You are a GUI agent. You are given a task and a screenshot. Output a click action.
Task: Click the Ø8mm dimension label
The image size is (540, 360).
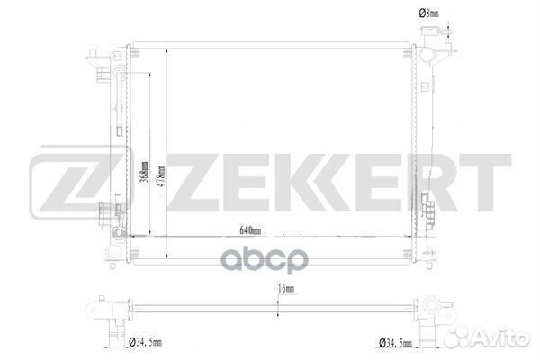click(428, 13)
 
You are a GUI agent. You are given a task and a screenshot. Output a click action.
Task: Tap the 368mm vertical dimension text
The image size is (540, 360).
click(145, 172)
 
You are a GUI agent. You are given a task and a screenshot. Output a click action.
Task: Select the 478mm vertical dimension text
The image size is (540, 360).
click(161, 176)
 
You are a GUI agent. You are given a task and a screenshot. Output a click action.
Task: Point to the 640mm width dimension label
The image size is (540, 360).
click(250, 230)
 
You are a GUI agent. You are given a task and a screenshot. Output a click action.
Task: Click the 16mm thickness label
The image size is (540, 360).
click(286, 288)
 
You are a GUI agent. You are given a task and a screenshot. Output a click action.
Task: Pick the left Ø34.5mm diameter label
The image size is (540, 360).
click(145, 342)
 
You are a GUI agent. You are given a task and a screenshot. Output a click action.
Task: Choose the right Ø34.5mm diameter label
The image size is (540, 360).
click(395, 343)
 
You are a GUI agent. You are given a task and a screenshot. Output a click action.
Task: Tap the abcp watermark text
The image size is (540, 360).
click(265, 260)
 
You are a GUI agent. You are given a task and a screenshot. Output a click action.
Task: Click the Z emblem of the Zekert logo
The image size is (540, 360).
click(81, 182)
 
